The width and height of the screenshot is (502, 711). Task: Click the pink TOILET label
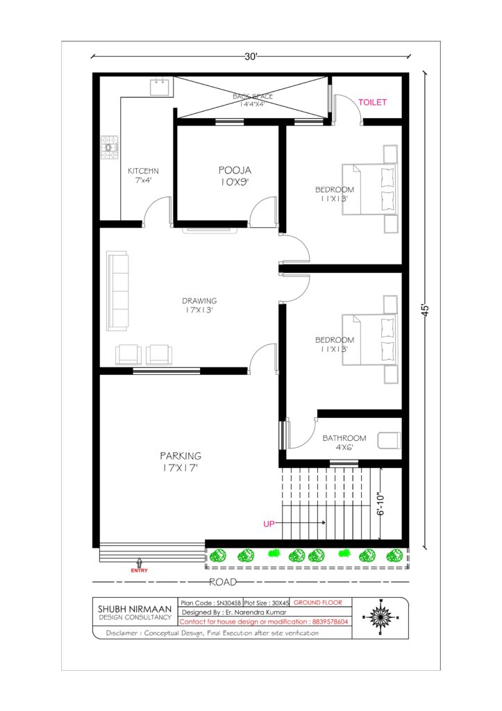pos(372,103)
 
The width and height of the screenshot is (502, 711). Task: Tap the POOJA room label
pos(235,171)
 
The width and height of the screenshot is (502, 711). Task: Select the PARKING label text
pos(181,455)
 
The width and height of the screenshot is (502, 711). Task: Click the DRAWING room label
pos(199,301)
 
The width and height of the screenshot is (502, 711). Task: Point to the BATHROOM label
pos(344,438)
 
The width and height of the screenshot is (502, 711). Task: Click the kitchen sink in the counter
pos(160,87)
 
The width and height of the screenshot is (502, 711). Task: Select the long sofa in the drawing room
pos(117,291)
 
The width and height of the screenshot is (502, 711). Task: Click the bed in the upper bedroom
pos(369,189)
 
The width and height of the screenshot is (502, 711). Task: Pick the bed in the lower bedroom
pos(369,340)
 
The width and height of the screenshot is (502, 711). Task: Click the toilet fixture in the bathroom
pos(390,441)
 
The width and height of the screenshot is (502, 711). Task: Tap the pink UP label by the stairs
pos(269,524)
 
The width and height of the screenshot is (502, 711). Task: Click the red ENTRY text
pos(140,571)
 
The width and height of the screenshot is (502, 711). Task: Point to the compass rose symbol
pos(380,617)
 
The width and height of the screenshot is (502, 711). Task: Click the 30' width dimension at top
pos(251,57)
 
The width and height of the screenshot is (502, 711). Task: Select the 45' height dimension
pos(426,310)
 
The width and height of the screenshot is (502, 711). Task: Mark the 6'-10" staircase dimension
pos(380,504)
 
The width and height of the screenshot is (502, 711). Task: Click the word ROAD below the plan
pos(223,582)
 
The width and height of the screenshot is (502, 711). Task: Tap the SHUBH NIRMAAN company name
pos(135,609)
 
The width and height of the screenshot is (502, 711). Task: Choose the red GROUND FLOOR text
pos(318,603)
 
